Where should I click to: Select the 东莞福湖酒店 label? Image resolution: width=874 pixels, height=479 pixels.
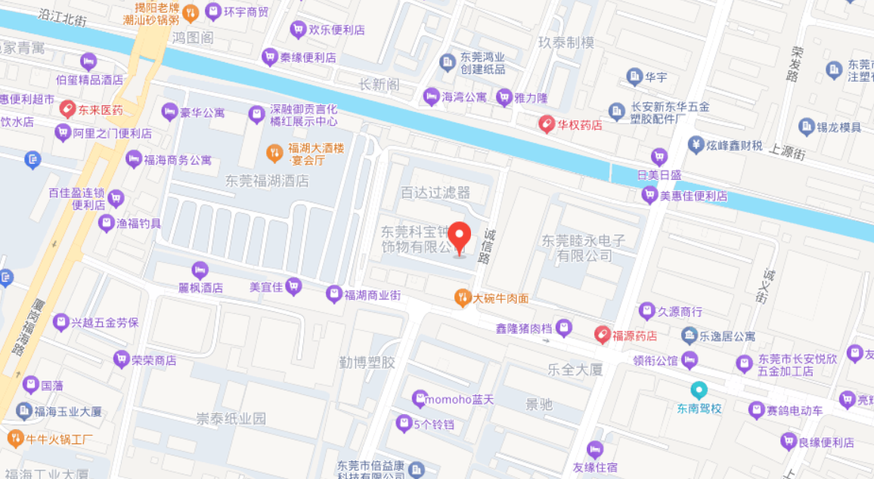click(268, 181)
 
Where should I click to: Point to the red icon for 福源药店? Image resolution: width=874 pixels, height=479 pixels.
click(602, 335)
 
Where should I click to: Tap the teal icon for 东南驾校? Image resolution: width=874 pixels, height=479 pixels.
click(699, 390)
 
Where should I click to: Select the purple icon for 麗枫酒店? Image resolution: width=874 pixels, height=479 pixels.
click(200, 270)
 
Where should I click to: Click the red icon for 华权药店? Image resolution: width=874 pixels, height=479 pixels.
click(547, 124)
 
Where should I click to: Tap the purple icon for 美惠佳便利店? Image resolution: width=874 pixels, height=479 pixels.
click(649, 195)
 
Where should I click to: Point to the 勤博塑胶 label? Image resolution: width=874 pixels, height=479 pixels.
click(367, 363)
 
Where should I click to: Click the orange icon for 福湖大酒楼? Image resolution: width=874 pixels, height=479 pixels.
click(274, 153)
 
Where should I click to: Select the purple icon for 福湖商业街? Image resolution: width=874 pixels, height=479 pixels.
click(333, 294)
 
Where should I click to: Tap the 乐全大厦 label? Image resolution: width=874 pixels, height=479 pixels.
click(575, 369)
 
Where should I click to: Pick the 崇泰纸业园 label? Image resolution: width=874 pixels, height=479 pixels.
click(231, 419)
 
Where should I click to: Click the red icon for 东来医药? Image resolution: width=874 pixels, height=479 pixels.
click(67, 110)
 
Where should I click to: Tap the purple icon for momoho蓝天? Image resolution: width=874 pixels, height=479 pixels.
click(419, 398)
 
